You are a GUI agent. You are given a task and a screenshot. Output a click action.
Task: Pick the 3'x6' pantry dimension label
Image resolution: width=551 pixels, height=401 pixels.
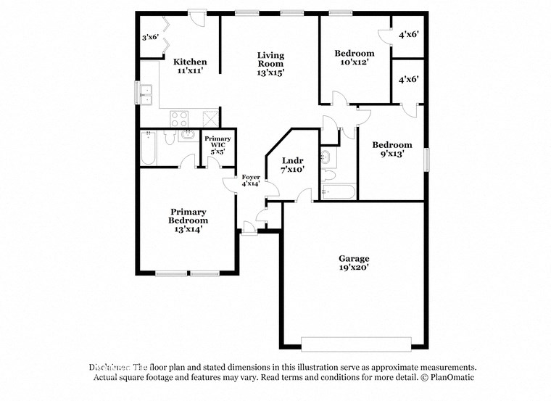tap(150, 37)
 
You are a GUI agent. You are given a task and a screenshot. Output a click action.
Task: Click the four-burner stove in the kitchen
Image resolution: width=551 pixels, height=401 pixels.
tap(179, 118)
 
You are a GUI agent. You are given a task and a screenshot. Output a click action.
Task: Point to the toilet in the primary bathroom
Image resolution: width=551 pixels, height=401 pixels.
tap(169, 137)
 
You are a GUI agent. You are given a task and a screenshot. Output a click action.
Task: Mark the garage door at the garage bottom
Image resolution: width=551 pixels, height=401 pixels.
tap(356, 343)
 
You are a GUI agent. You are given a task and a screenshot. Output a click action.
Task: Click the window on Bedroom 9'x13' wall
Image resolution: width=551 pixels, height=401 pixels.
tap(426, 158)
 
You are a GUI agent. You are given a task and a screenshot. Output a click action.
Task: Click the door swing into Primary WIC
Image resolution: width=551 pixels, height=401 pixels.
tap(212, 162)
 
